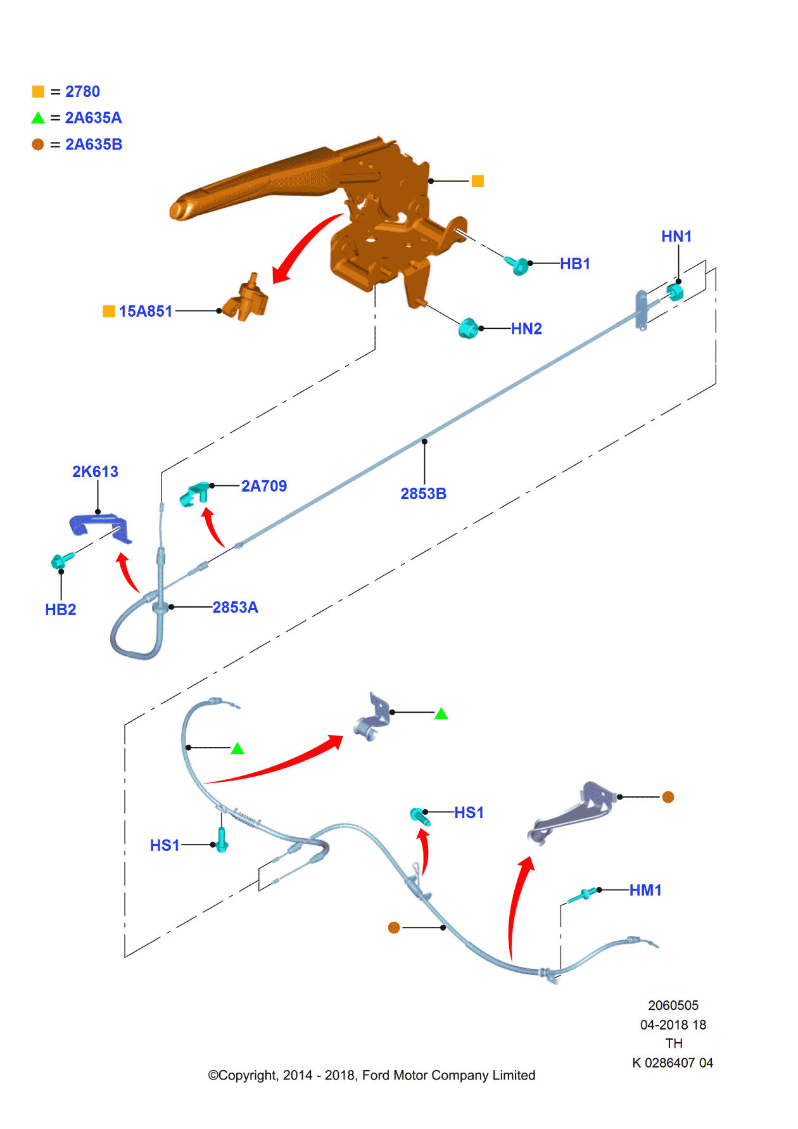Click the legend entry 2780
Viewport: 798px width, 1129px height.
point(82,92)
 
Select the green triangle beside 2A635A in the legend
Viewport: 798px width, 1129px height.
point(38,118)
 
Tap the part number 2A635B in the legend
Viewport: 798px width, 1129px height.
point(94,144)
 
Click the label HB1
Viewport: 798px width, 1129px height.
point(574,264)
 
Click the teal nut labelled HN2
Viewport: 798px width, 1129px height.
point(468,328)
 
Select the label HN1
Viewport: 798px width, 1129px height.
point(676,236)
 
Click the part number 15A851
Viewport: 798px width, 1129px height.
point(145,311)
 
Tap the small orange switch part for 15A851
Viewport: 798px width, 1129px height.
point(248,299)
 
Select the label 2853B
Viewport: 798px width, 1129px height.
point(423,494)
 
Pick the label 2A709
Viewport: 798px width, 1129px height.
point(263,486)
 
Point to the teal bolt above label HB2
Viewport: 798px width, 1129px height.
point(61,560)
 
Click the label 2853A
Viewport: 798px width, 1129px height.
point(235,607)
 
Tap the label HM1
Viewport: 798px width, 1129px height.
point(645,890)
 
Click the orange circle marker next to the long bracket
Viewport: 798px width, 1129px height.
point(668,797)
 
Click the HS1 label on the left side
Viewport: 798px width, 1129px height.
point(165,845)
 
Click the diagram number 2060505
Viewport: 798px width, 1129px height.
point(673,1005)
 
